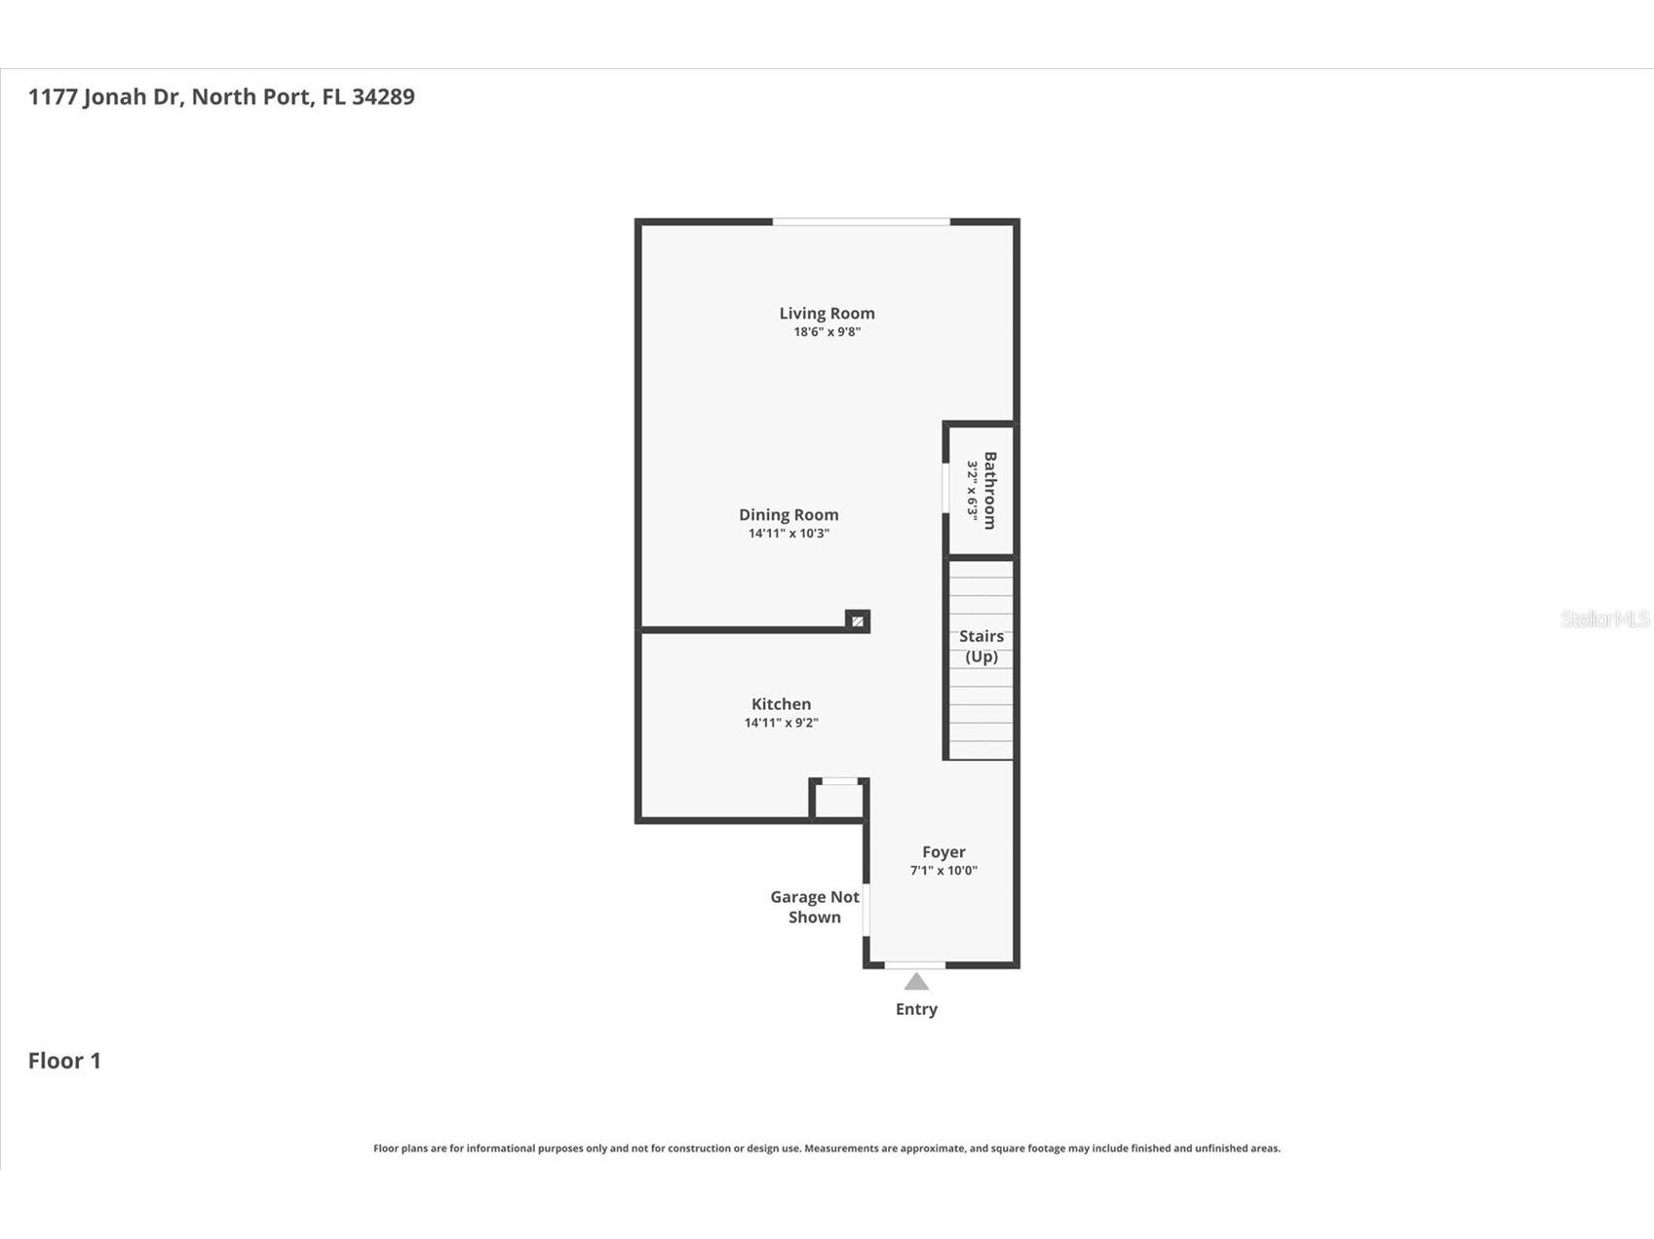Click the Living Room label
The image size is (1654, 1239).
click(827, 313)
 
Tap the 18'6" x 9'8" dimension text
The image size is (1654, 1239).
click(827, 332)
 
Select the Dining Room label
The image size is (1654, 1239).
click(788, 514)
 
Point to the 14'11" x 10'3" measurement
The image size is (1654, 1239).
click(788, 534)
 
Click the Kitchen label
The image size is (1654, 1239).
click(781, 703)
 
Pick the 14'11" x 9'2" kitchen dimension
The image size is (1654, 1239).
click(781, 723)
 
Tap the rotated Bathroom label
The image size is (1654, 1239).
click(990, 490)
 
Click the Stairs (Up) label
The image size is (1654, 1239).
click(981, 646)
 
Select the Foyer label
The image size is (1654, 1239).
click(943, 851)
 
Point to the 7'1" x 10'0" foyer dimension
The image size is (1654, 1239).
click(943, 871)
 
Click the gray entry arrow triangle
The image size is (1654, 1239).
click(916, 982)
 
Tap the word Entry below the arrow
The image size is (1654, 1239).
click(916, 1009)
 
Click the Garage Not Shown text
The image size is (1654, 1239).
click(814, 907)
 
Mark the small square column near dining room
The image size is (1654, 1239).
click(858, 620)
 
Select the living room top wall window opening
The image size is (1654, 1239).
click(861, 222)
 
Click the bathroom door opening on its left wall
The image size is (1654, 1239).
click(945, 487)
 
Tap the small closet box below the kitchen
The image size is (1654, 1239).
click(838, 800)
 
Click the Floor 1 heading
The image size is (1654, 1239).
click(64, 1061)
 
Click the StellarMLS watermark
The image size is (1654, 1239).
click(1604, 619)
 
